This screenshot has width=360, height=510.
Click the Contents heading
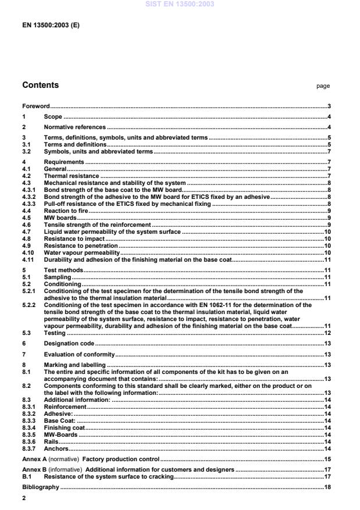[40, 85]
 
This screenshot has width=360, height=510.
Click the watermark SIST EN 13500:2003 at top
[180, 4]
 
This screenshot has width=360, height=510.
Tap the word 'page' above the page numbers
[323, 86]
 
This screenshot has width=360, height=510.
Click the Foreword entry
[35, 106]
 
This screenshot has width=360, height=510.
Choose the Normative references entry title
[75, 127]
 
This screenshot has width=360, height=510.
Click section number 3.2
[27, 151]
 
